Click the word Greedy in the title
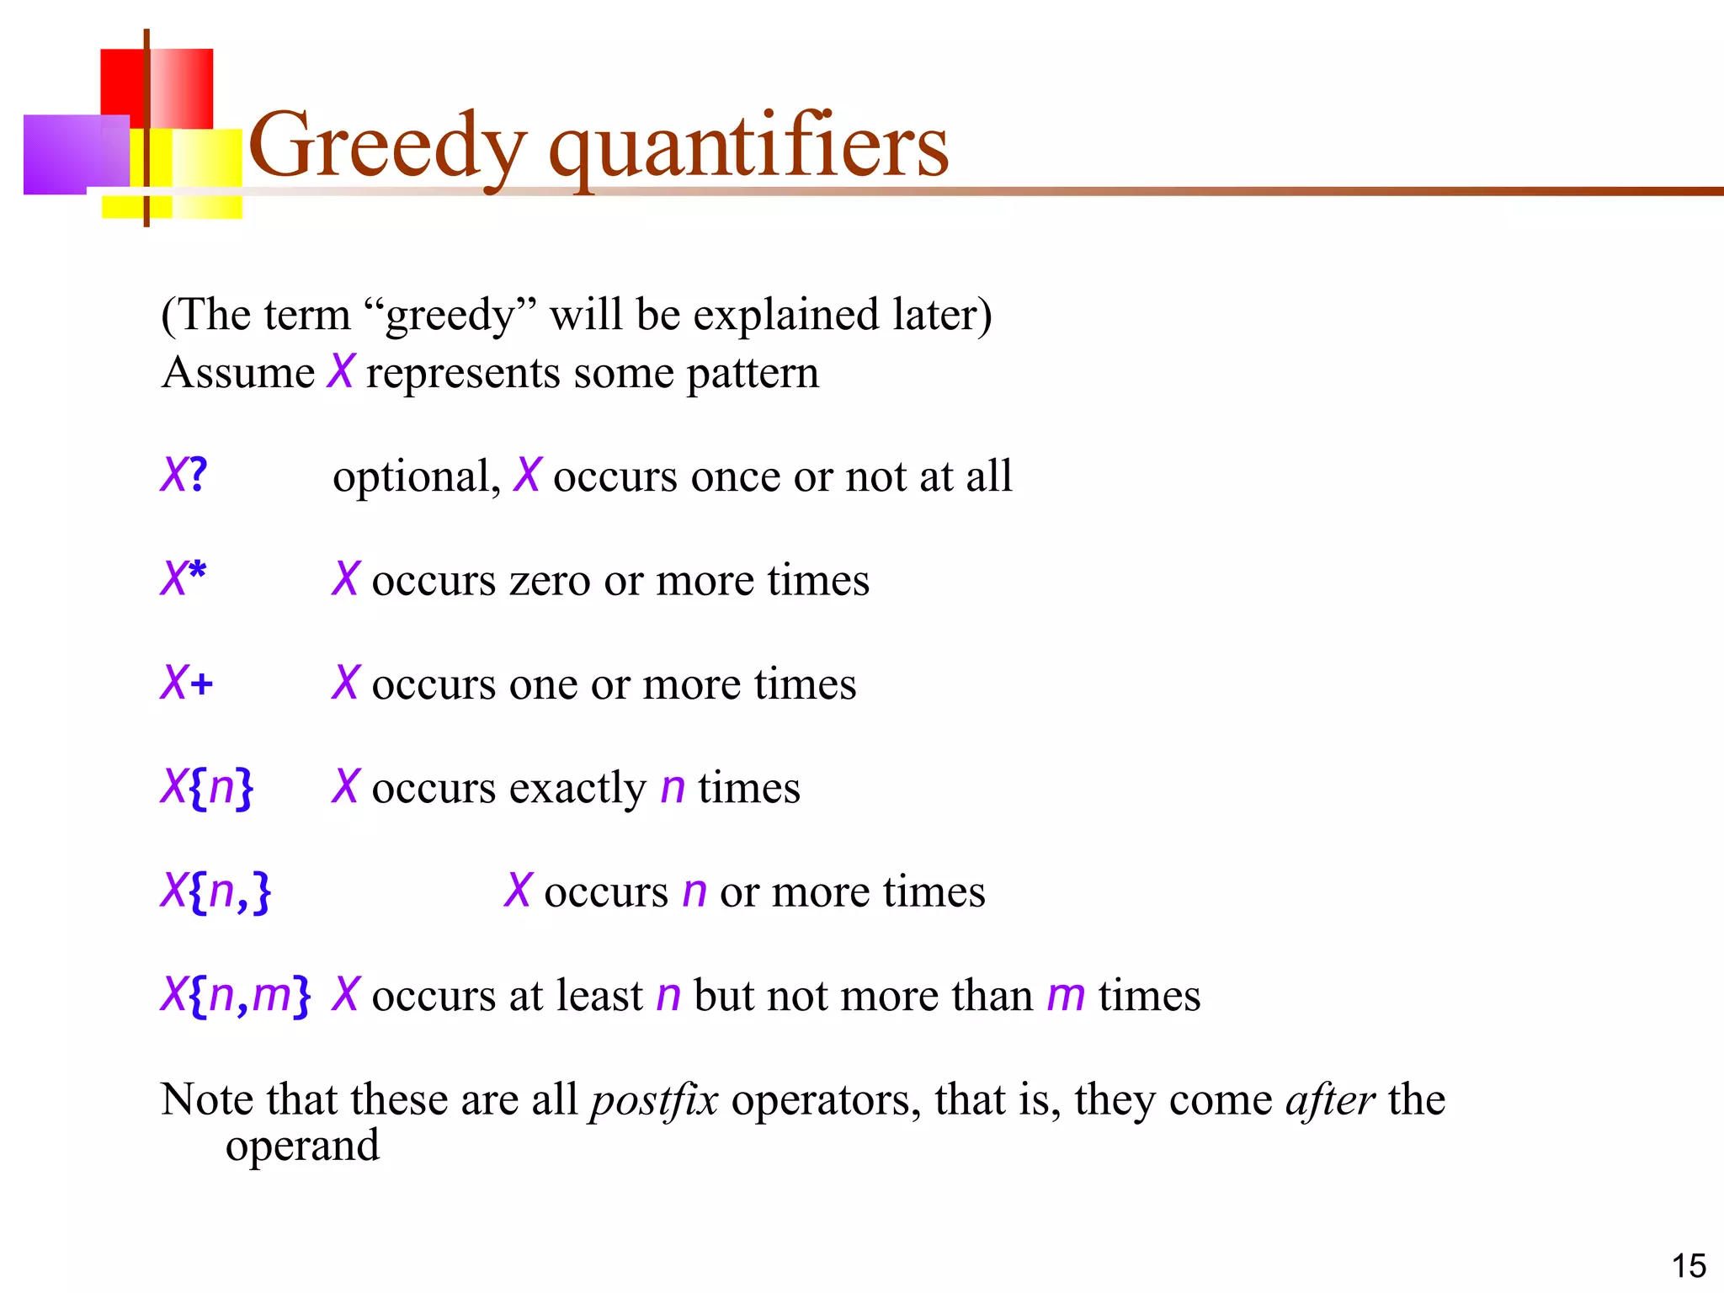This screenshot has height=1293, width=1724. coord(387,147)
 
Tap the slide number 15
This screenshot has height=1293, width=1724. coord(1688,1266)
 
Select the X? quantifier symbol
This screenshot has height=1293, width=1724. coord(184,476)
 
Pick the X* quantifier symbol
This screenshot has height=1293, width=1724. coord(184,579)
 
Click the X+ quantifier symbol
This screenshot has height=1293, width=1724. coord(187,683)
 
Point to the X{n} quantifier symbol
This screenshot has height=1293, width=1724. coord(207,788)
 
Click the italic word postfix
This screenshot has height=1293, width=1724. coord(654,1101)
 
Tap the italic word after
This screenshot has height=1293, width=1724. coord(1330,1099)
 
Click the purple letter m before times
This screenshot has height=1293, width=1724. coord(1066,997)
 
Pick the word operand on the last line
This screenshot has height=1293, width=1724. coord(302,1147)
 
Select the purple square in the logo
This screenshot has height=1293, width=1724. coord(76,154)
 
